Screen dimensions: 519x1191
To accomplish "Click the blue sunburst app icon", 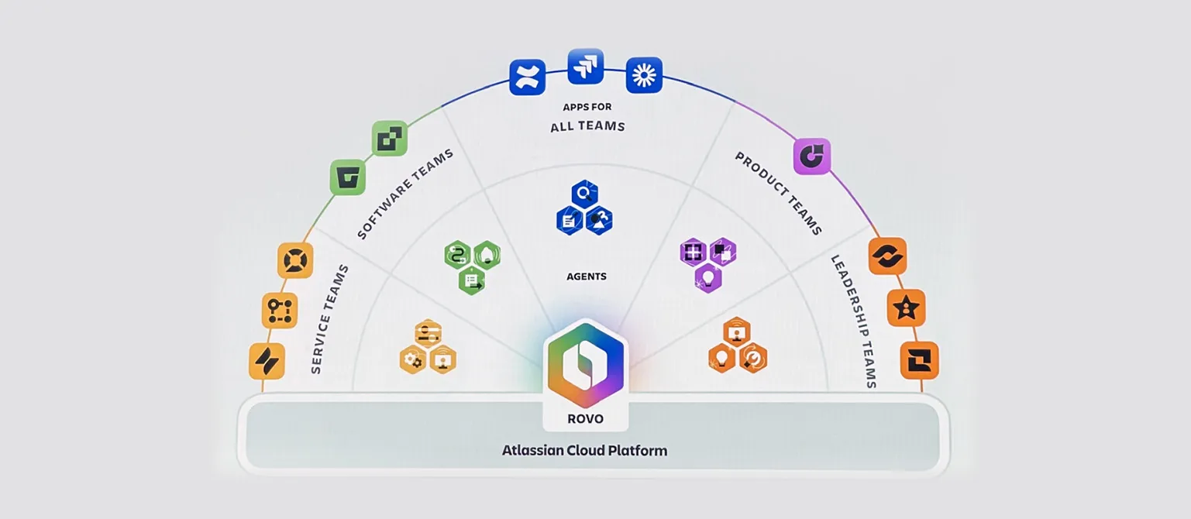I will coord(643,75).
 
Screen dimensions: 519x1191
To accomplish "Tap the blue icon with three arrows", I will coord(585,67).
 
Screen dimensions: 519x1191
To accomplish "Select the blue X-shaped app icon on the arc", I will coord(527,77).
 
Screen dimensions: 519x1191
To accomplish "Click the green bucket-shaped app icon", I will coord(348,177).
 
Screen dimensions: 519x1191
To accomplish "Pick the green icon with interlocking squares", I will coord(389,139).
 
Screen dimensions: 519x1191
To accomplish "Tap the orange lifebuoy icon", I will coord(295,260).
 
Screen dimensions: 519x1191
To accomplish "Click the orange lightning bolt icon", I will coord(267,361).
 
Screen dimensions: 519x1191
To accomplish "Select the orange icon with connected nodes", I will coord(279,311).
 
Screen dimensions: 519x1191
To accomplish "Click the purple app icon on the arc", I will coord(811,156).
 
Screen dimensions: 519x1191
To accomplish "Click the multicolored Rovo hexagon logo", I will coord(585,363).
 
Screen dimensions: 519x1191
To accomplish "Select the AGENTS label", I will coord(587,277).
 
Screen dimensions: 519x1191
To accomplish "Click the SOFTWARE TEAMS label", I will coord(406,194).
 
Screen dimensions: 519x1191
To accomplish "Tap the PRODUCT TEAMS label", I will coord(778,194).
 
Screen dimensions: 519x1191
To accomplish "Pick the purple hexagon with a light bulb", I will coord(707,277).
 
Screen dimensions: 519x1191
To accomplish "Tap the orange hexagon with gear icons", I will coord(413,359).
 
